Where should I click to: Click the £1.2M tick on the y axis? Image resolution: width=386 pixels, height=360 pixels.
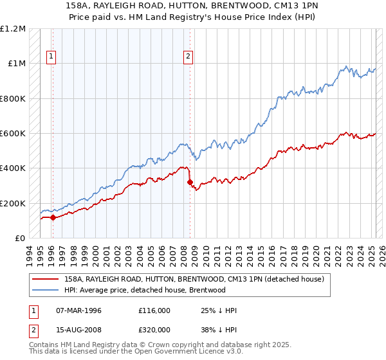[x=13, y=29]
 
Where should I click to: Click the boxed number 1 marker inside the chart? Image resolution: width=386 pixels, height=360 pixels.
[x=51, y=57]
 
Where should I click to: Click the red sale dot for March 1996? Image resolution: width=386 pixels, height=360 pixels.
[x=53, y=218]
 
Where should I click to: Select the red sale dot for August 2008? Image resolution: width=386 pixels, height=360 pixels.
[x=190, y=183]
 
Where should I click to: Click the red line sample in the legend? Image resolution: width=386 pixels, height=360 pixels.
[x=46, y=278]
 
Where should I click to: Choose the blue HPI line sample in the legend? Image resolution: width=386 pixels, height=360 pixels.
[x=46, y=290]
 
